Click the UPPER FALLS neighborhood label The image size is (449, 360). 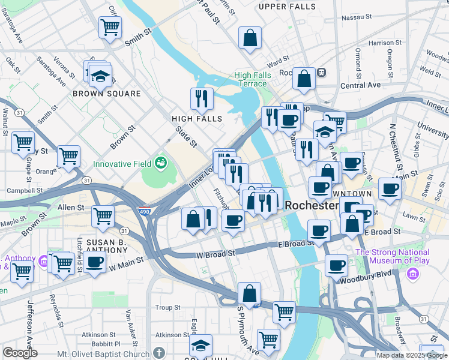(287, 7)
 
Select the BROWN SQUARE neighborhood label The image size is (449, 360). (107, 94)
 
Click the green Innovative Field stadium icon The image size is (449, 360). (160, 162)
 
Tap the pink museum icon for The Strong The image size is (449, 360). (412, 274)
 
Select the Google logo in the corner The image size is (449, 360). (20, 353)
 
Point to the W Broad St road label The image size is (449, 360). (215, 254)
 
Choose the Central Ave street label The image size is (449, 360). (360, 85)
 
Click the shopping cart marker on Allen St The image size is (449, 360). (103, 216)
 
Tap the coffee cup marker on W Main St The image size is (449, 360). (95, 262)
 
